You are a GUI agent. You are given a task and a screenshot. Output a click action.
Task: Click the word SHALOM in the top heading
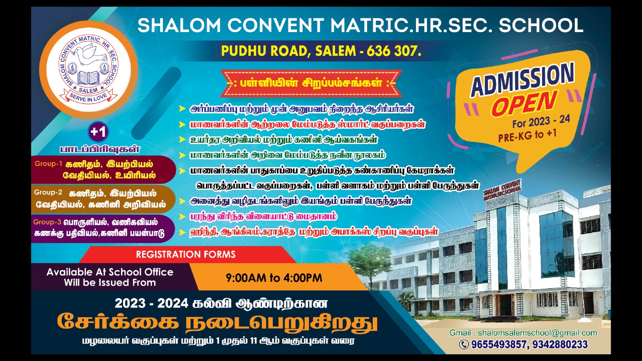(x=179, y=26)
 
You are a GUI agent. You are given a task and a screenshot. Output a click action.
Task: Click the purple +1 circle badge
(x=98, y=132)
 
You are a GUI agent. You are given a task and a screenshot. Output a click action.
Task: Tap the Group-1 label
(x=48, y=164)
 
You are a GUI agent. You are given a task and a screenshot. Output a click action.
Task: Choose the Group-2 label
(x=48, y=193)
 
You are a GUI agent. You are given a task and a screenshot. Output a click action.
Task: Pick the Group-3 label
(x=47, y=222)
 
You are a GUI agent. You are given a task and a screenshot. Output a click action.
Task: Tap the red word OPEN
(x=524, y=103)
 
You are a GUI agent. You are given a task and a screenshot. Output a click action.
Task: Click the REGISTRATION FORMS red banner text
(x=186, y=254)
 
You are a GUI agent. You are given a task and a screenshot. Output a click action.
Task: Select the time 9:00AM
(x=246, y=278)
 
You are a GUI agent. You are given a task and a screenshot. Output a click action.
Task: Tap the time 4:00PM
(x=303, y=278)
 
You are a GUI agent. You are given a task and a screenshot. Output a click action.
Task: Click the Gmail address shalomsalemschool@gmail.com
(x=537, y=333)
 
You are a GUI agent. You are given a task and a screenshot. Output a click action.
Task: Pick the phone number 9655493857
(x=498, y=345)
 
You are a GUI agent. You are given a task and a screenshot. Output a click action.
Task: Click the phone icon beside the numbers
(x=464, y=345)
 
